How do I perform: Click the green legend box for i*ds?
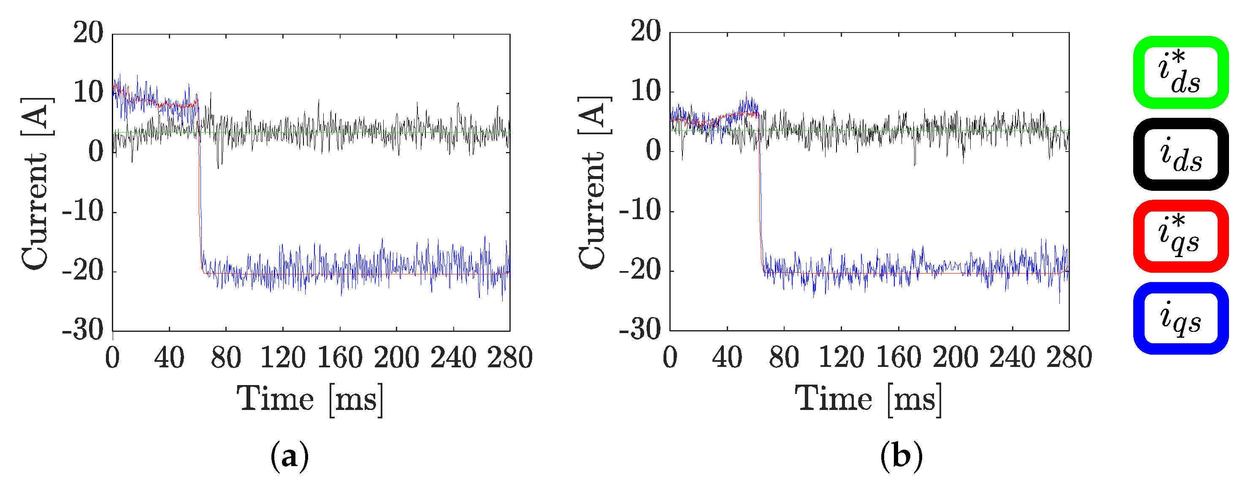pyautogui.click(x=1180, y=73)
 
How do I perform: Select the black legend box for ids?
pyautogui.click(x=1180, y=155)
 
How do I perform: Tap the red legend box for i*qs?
pyautogui.click(x=1180, y=236)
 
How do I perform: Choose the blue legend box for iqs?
pyautogui.click(x=1180, y=318)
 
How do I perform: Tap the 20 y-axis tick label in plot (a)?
pyautogui.click(x=88, y=33)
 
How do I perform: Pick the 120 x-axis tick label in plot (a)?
pyautogui.click(x=283, y=358)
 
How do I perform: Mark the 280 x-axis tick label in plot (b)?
pyautogui.click(x=1069, y=358)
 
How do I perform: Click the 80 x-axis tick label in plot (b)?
pyautogui.click(x=784, y=358)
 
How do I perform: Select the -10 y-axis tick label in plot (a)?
pyautogui.click(x=83, y=212)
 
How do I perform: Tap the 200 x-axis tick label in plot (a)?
pyautogui.click(x=396, y=358)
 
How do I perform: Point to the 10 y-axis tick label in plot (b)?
pyautogui.click(x=645, y=92)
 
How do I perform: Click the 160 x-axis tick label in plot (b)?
pyautogui.click(x=898, y=358)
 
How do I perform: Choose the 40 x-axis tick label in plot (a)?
pyautogui.click(x=169, y=358)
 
